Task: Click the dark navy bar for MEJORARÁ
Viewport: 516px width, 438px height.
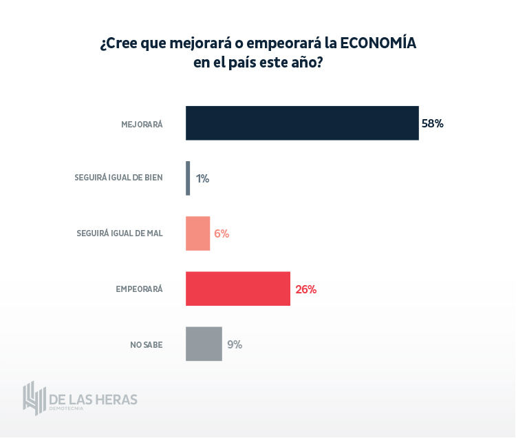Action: [x=302, y=123]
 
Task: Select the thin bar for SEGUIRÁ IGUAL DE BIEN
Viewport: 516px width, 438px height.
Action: [x=188, y=178]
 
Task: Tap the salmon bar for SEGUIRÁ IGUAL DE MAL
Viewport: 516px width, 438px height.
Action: [x=197, y=233]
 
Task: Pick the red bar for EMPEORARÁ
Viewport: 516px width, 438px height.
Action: [x=238, y=289]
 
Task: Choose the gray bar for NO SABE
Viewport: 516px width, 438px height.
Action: [x=204, y=344]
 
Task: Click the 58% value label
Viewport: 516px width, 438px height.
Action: [x=433, y=124]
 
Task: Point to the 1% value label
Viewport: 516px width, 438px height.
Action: [x=202, y=178]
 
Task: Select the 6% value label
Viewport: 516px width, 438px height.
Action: [x=222, y=233]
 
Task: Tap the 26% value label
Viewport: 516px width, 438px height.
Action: [x=306, y=289]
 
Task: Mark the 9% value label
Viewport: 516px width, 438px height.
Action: [x=235, y=344]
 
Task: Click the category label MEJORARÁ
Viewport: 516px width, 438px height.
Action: [x=142, y=125]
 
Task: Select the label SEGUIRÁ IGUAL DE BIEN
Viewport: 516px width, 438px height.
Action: [x=118, y=178]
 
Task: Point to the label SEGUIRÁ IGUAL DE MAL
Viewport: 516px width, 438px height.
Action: [x=120, y=233]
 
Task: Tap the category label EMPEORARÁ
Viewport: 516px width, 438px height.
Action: [x=139, y=289]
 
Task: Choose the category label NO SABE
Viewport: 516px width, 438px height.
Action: [x=147, y=344]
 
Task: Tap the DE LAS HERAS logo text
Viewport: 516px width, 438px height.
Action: [x=94, y=399]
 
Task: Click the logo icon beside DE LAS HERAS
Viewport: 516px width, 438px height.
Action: [x=34, y=398]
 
